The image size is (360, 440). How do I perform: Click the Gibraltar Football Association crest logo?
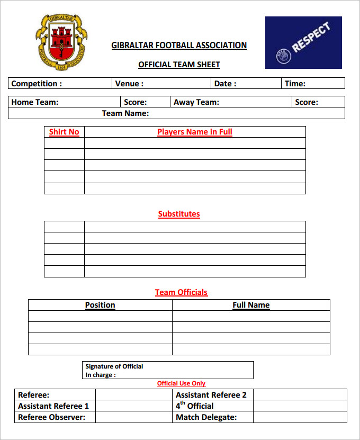tap(61, 41)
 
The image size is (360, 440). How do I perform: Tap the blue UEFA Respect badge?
tap(303, 42)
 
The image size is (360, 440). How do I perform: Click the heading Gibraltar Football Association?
tap(179, 46)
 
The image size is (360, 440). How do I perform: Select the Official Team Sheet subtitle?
tap(179, 65)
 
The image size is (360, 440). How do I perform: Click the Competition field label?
tap(37, 84)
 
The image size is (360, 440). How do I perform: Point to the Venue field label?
tap(129, 84)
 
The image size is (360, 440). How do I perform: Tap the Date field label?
tap(225, 84)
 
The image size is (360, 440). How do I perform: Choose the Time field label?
tap(295, 84)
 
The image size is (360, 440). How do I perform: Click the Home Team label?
tap(35, 102)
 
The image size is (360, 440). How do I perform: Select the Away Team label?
tap(196, 102)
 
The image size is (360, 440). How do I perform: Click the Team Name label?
tap(125, 113)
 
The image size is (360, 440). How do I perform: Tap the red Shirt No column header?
tap(64, 132)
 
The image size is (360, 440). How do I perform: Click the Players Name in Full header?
tap(195, 132)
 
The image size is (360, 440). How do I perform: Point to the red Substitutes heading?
tap(179, 214)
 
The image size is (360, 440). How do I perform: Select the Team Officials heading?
tap(181, 292)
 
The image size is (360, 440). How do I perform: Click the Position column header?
tap(100, 305)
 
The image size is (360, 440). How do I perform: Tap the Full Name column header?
tap(251, 305)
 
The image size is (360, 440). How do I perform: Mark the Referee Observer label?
tap(52, 417)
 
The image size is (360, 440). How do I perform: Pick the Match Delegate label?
tap(206, 417)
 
